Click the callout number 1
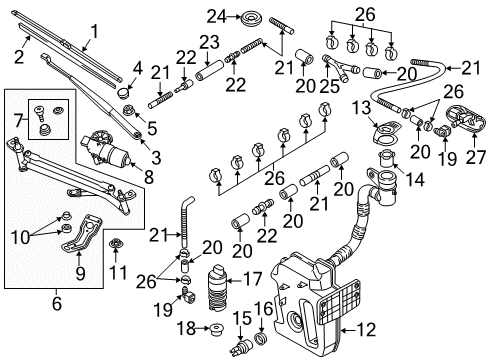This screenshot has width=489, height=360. click(x=95, y=32)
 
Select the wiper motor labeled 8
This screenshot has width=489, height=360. click(x=104, y=149)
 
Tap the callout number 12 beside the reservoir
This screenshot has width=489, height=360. click(x=365, y=329)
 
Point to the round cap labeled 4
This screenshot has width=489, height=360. click(x=124, y=92)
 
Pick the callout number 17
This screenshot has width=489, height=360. click(x=253, y=279)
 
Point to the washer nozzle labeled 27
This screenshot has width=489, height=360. click(x=465, y=119)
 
